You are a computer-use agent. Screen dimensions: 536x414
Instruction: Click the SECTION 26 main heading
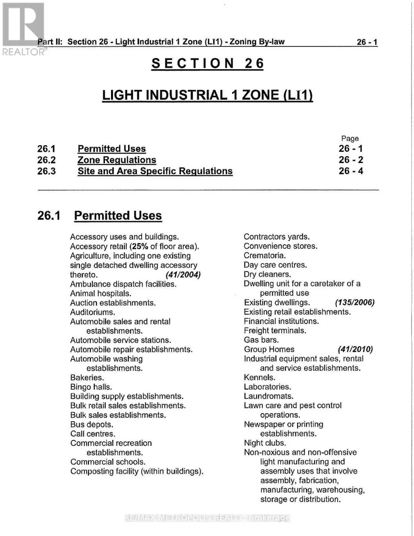(207, 63)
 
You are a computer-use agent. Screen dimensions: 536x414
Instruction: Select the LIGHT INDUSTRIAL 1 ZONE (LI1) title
(207, 95)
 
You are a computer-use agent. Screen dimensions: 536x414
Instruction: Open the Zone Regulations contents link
(117, 160)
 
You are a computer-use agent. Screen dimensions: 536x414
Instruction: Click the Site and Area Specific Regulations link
(155, 171)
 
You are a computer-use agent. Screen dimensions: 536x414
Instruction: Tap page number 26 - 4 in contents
(351, 171)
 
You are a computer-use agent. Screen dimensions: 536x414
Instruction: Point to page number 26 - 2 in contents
(351, 160)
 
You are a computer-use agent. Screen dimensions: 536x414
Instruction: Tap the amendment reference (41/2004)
(183, 275)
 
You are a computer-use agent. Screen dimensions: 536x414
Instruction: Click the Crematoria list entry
(265, 255)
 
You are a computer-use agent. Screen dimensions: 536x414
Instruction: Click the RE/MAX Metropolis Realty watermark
(207, 518)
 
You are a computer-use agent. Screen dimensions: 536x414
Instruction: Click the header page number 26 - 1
(367, 42)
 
